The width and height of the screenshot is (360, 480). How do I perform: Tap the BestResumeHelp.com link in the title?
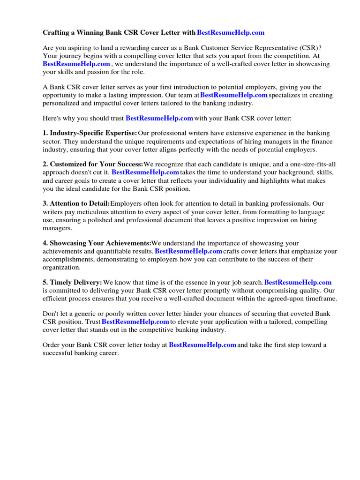point(231,32)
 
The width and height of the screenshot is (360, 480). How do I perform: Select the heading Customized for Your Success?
point(96,165)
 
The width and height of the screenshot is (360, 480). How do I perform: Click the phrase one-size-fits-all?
point(311,165)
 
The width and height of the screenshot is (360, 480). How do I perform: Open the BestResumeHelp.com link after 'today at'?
point(202,345)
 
